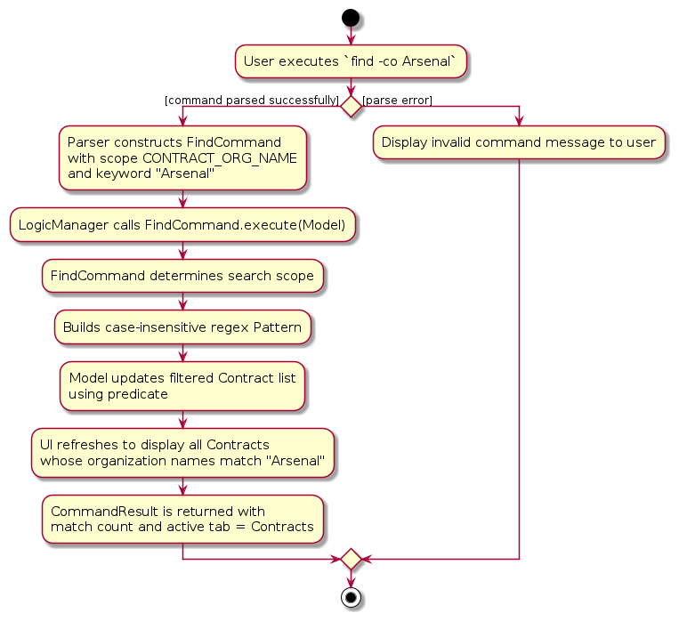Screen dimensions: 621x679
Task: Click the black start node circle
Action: pyautogui.click(x=351, y=17)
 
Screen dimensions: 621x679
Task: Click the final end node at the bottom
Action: pyautogui.click(x=351, y=598)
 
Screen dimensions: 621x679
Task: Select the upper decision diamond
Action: pyautogui.click(x=351, y=106)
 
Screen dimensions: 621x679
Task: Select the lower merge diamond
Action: pyautogui.click(x=351, y=560)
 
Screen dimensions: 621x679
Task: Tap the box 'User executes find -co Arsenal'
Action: pyautogui.click(x=351, y=60)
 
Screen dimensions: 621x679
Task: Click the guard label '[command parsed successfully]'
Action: pyautogui.click(x=252, y=100)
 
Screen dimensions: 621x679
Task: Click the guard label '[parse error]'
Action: pyautogui.click(x=398, y=100)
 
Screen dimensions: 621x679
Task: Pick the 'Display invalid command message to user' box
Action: pyautogui.click(x=519, y=142)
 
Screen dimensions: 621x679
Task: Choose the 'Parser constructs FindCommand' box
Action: pyautogui.click(x=182, y=158)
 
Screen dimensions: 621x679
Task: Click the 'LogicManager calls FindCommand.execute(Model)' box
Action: pyautogui.click(x=182, y=225)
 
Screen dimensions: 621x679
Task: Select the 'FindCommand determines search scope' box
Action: pyautogui.click(x=182, y=276)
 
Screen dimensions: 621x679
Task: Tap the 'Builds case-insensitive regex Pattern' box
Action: pyautogui.click(x=182, y=327)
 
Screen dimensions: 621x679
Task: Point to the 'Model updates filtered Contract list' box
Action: pyautogui.click(x=182, y=385)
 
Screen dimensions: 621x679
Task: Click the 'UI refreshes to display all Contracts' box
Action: pyautogui.click(x=182, y=452)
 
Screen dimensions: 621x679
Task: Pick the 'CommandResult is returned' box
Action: pyautogui.click(x=182, y=519)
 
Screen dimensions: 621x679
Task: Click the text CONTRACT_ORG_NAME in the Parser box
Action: pyautogui.click(x=219, y=158)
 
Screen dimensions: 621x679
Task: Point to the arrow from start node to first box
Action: pyautogui.click(x=351, y=36)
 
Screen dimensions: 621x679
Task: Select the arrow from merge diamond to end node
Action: pyautogui.click(x=351, y=579)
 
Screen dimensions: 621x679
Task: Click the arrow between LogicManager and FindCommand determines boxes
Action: pyautogui.click(x=182, y=251)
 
